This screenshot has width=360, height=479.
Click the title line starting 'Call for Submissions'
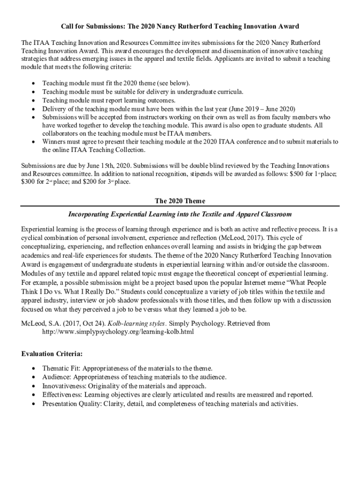click(180, 26)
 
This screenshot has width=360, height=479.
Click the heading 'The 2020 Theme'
click(180, 201)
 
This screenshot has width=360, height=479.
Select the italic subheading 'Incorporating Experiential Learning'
click(180, 214)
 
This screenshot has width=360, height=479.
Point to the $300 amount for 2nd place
click(29, 181)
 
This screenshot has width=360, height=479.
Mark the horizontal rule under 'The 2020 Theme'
click(180, 206)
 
